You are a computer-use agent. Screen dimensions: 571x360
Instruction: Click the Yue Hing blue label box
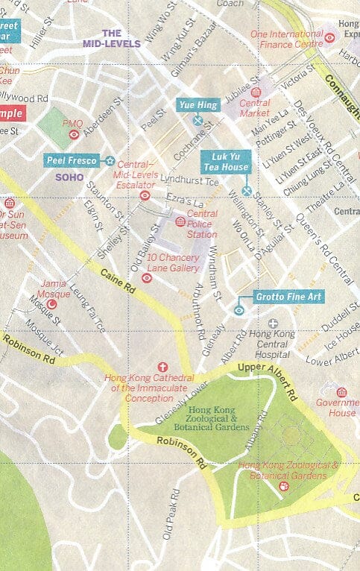coord(198,105)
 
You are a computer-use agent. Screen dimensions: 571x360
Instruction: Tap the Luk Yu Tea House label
coord(226,162)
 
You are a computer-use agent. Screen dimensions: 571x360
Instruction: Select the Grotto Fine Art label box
coord(288,297)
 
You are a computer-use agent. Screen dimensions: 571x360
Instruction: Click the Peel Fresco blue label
coord(72,160)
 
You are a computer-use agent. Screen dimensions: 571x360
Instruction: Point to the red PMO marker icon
coord(74,135)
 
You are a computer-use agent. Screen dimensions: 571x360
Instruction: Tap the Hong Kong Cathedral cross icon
coord(163,367)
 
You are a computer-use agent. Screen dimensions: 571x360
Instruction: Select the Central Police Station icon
coord(180,221)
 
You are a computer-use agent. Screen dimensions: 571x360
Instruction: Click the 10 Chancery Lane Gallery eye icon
coord(147,278)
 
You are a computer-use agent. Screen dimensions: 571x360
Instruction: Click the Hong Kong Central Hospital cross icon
coord(274,324)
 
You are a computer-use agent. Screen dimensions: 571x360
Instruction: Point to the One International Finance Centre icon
coord(329,37)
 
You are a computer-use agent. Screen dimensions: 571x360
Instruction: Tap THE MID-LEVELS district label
coord(112,39)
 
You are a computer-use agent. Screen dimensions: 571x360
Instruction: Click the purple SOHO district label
coord(69,177)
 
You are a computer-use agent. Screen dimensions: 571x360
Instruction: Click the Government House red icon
coord(341,392)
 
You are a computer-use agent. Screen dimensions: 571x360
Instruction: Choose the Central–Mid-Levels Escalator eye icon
coord(145,195)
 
